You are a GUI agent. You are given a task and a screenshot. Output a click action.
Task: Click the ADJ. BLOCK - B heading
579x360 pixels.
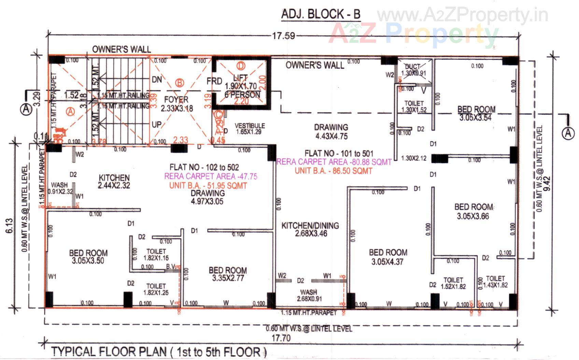(x=321, y=14)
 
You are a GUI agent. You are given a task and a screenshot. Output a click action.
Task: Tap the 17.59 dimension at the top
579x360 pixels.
(x=283, y=35)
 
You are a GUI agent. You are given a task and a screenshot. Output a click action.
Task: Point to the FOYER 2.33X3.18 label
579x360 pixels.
(x=176, y=104)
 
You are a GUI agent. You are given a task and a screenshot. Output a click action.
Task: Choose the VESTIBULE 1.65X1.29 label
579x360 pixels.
(x=250, y=129)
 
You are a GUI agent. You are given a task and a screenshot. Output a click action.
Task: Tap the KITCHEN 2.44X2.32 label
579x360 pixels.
(x=114, y=182)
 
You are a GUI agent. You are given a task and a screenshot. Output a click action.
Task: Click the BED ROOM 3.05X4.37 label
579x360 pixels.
(x=388, y=257)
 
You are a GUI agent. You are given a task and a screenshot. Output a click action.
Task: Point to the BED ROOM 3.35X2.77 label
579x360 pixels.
(x=228, y=274)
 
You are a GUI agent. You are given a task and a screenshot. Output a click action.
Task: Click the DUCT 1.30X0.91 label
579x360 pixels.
(x=413, y=70)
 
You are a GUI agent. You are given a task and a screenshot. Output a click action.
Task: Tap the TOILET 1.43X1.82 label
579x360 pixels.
(x=495, y=282)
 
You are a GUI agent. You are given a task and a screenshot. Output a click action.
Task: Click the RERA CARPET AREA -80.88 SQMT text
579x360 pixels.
(x=334, y=162)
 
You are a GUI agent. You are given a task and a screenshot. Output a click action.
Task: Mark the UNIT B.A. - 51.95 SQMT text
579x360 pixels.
(x=208, y=186)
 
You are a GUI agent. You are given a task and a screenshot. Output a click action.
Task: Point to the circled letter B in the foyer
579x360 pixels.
(x=180, y=83)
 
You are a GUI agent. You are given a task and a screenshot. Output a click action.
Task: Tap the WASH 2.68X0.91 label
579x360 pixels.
(x=309, y=296)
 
